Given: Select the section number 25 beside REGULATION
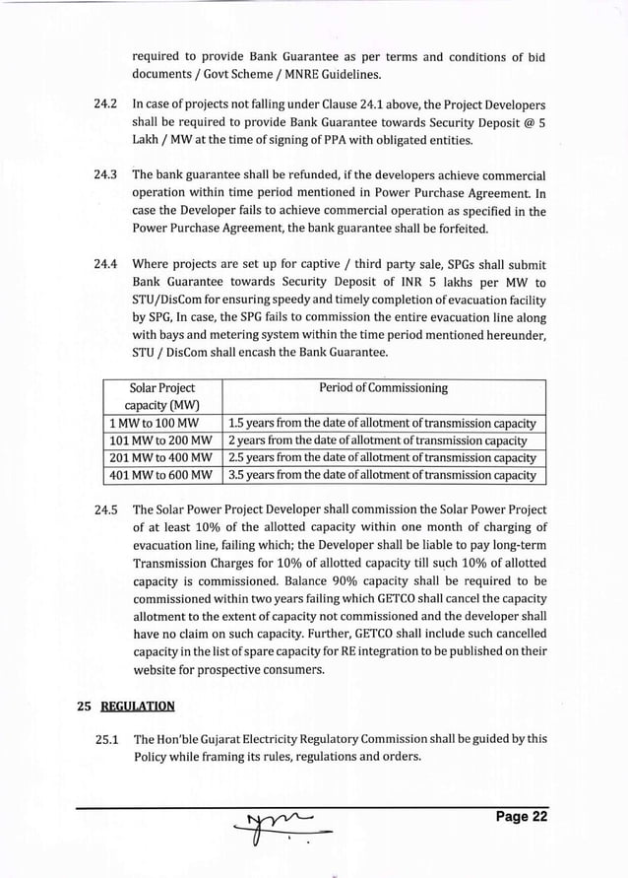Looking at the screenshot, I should pyautogui.click(x=85, y=705).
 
